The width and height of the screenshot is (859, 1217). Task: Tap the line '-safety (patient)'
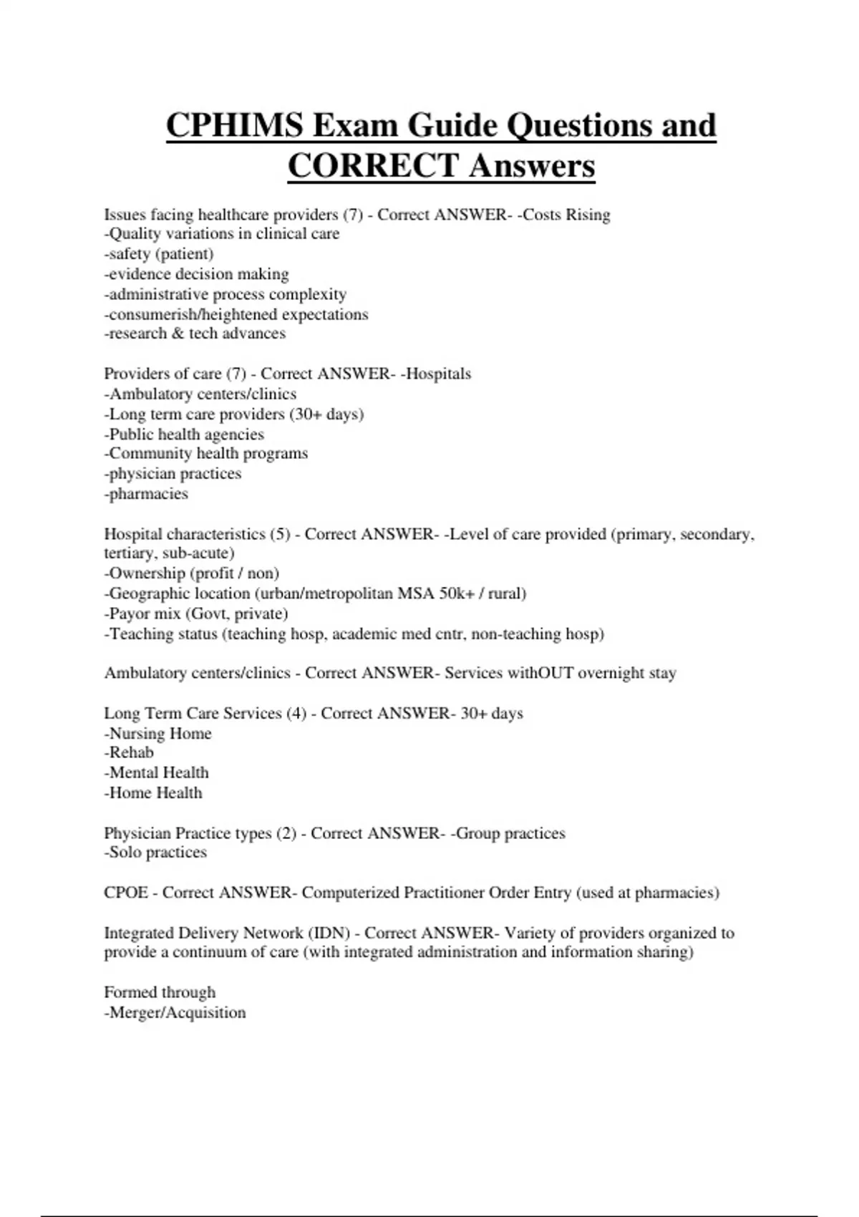159,254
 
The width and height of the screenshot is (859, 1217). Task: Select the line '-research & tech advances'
195,334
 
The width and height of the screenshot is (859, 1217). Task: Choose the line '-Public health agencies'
184,435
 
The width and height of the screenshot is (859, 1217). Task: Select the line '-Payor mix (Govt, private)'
196,614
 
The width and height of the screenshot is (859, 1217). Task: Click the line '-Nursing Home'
157,733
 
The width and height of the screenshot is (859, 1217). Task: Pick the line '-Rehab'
129,752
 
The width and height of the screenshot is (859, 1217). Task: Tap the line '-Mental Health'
156,772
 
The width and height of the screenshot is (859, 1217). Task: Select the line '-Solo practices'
155,853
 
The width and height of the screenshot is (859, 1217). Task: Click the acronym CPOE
126,893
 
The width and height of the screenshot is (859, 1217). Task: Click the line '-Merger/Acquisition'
175,1012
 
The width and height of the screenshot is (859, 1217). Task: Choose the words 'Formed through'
160,992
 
